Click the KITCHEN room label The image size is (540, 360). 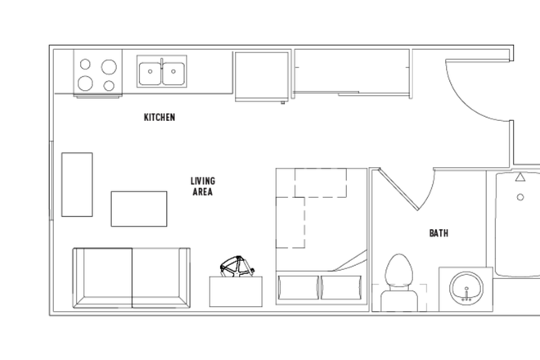pos(160,118)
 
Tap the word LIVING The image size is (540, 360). pos(203,181)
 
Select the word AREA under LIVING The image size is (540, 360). pos(203,192)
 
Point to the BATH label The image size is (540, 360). pos(439,233)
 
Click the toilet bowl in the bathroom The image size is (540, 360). pos(398,270)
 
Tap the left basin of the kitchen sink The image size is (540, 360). pos(150,72)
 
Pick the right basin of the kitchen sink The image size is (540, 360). pos(173,72)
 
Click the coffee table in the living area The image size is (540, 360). pos(139,209)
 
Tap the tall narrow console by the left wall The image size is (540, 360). pos(77,184)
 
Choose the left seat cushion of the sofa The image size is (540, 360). pos(104,277)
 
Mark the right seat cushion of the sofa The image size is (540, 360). pos(159,277)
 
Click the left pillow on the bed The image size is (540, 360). pos(298,287)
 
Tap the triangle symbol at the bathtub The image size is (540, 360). pos(520,177)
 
